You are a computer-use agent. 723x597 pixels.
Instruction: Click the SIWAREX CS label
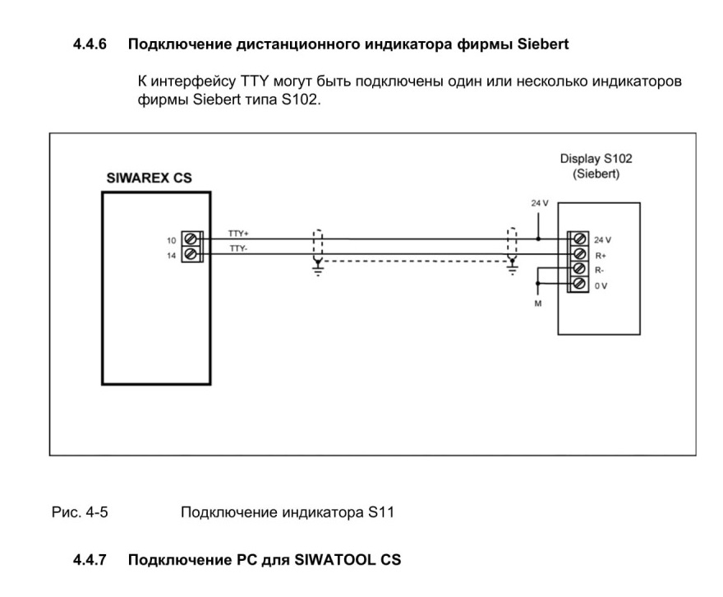tap(149, 178)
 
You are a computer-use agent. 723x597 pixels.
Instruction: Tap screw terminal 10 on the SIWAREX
tap(190, 239)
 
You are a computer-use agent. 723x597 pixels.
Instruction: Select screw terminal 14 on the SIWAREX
tap(190, 254)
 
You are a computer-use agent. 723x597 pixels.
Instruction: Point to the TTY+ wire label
tap(238, 234)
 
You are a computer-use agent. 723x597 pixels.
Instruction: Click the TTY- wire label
tap(238, 248)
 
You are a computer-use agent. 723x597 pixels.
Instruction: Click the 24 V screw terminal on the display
tap(579, 239)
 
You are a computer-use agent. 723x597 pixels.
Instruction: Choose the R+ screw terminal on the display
tap(579, 254)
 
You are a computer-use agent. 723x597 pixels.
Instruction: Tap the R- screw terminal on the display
tap(579, 269)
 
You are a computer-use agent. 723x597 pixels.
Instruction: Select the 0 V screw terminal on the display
tap(579, 283)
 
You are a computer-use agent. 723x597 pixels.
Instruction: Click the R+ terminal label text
tap(601, 256)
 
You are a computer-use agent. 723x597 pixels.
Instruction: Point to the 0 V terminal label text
tap(601, 286)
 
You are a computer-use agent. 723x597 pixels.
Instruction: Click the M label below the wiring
tap(537, 303)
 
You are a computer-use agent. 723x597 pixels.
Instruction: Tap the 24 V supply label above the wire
tap(540, 203)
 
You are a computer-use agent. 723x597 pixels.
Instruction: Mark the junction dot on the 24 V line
tap(538, 239)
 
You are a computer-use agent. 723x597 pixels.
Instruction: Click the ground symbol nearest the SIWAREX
tap(318, 267)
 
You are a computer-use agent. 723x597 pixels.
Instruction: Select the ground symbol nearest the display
tap(512, 267)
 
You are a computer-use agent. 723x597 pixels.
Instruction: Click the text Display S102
tap(596, 158)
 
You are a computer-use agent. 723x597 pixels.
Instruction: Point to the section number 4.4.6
tap(90, 44)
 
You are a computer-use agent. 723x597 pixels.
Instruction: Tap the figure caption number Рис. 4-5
tap(80, 512)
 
